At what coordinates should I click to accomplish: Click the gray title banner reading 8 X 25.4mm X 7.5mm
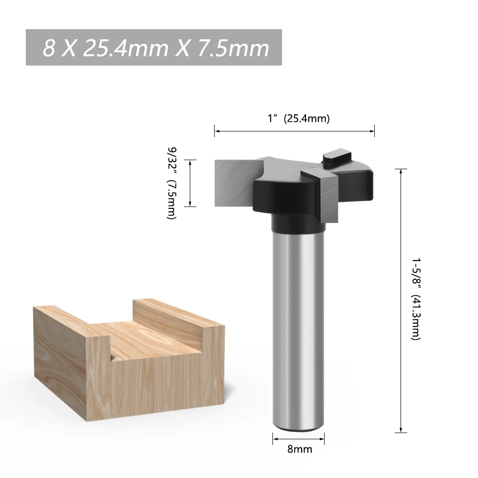[x=153, y=47]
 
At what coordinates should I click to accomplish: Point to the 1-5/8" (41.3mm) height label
[x=416, y=299]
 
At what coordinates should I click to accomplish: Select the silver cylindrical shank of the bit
[x=299, y=325]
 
